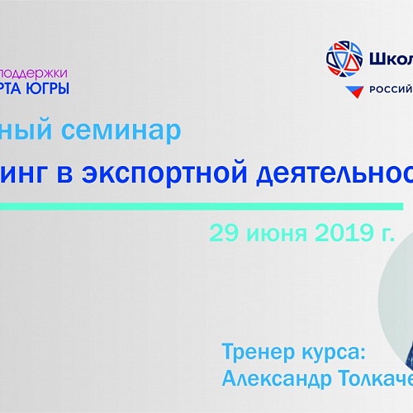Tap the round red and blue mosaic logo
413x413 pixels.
343,59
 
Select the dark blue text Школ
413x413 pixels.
388,59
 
